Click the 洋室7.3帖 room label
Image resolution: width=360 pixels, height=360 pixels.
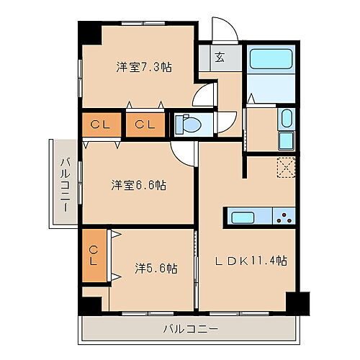coord(144,66)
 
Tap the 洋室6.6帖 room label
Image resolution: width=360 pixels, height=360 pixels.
coord(138,185)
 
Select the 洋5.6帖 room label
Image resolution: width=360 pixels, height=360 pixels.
coord(156,268)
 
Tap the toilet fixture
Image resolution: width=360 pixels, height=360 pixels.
coord(191,125)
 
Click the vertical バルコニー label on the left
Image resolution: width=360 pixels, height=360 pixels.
coord(64,184)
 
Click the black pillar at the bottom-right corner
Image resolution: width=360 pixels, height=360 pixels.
coord(295,302)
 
